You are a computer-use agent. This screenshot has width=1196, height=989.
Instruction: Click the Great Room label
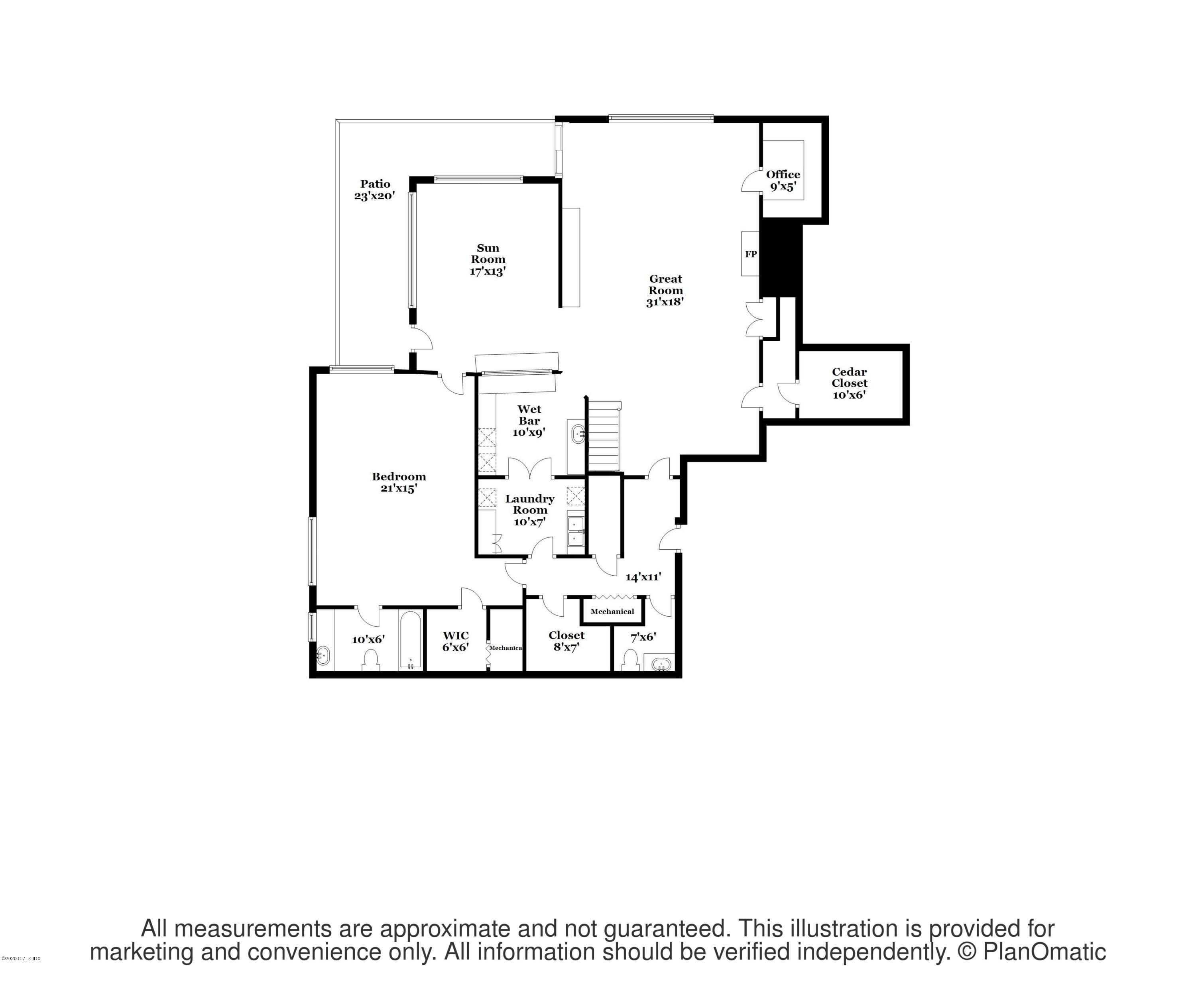click(665, 290)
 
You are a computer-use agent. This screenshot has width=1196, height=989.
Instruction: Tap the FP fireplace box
click(751, 254)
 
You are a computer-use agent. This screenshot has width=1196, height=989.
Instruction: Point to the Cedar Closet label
click(849, 383)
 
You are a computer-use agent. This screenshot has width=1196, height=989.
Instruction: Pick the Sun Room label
click(488, 260)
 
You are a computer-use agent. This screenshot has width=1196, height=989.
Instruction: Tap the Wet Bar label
click(529, 420)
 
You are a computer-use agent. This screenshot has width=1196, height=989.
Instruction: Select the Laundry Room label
click(530, 509)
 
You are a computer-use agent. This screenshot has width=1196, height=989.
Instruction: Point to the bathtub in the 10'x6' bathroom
click(411, 641)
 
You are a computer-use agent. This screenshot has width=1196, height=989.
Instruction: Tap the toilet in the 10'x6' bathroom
click(371, 661)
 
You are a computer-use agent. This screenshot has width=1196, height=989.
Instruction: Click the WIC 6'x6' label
click(456, 641)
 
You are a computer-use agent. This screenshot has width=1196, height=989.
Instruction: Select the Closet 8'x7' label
click(566, 641)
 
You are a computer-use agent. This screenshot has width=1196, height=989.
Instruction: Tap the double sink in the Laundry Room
click(575, 531)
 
